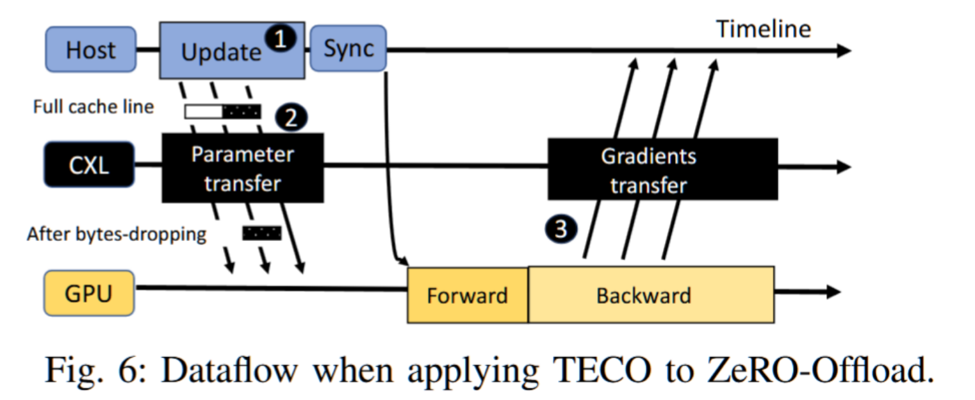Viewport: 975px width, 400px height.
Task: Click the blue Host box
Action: (90, 49)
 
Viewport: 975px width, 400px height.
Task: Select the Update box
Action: (232, 51)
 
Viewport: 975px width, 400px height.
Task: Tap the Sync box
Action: (348, 48)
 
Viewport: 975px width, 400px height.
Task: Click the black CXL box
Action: (89, 165)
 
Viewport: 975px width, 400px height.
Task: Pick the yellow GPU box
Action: (89, 293)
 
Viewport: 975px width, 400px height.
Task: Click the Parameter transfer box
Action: (243, 168)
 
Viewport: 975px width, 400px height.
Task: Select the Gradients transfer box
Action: (662, 169)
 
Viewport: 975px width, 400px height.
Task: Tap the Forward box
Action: (468, 295)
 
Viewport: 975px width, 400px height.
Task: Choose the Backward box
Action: (651, 295)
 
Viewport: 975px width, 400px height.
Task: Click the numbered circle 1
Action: (281, 38)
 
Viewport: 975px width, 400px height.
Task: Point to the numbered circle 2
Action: (291, 117)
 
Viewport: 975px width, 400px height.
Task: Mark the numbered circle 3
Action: (561, 229)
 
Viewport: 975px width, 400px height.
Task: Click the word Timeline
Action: (764, 29)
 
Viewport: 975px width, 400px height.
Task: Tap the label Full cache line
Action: (94, 107)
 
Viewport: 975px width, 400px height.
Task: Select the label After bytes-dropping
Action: (117, 235)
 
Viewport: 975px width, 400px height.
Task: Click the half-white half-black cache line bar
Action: (223, 112)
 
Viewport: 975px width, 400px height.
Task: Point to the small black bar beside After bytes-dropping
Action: (262, 233)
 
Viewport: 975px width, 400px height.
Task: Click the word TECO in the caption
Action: (602, 371)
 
